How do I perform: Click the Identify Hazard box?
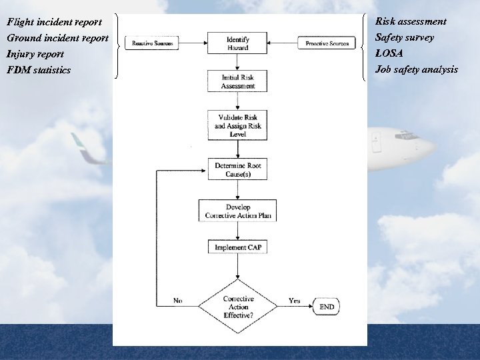238,44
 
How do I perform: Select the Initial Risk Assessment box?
238,82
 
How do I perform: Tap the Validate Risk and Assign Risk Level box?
238,126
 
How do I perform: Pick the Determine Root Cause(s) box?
238,170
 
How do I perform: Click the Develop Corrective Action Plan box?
238,211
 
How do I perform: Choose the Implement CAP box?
238,247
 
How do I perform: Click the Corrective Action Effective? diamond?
238,307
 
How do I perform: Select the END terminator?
327,307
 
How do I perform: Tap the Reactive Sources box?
152,43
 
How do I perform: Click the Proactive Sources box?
327,43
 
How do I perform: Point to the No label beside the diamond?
177,301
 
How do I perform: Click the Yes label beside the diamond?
294,301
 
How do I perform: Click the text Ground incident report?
57,38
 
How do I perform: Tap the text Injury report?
35,54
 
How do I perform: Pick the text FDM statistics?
39,70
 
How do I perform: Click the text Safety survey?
404,37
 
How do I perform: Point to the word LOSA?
389,53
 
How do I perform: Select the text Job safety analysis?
417,69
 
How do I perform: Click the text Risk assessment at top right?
411,21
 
